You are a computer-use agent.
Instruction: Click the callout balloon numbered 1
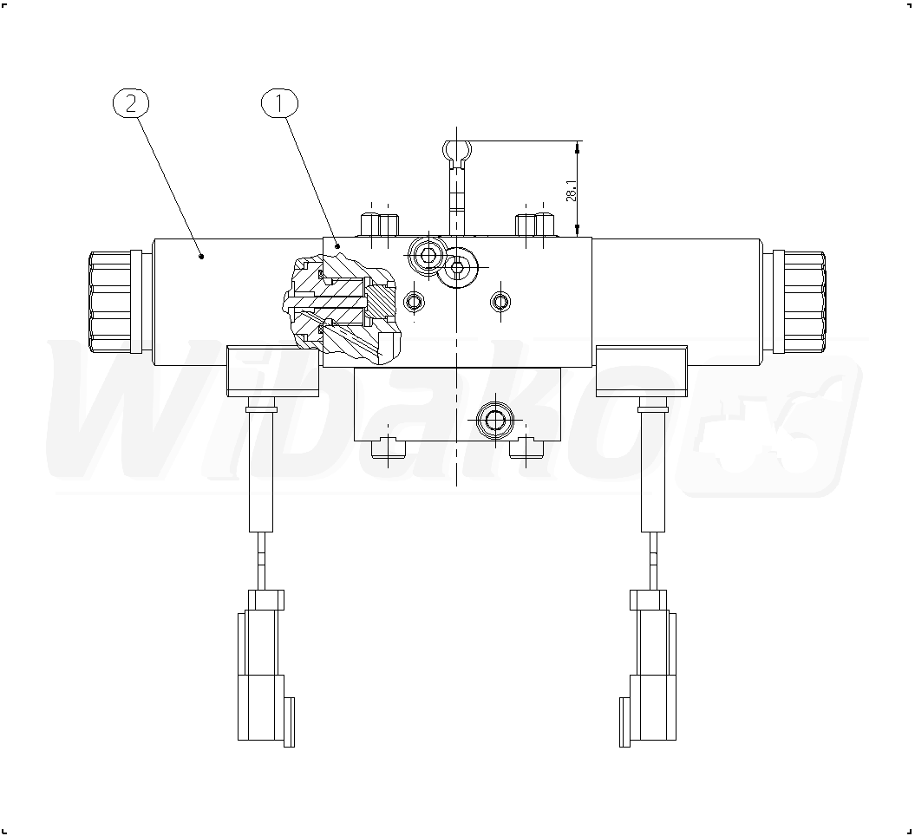(x=279, y=103)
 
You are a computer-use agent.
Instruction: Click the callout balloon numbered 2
(x=131, y=103)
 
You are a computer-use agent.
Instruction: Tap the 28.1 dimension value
(x=572, y=190)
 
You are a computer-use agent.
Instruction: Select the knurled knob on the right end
(x=799, y=302)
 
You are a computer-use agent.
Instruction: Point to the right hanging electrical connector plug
(x=648, y=668)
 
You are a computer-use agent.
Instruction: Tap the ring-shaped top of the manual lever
(x=457, y=151)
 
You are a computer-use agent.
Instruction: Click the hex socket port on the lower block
(x=495, y=420)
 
